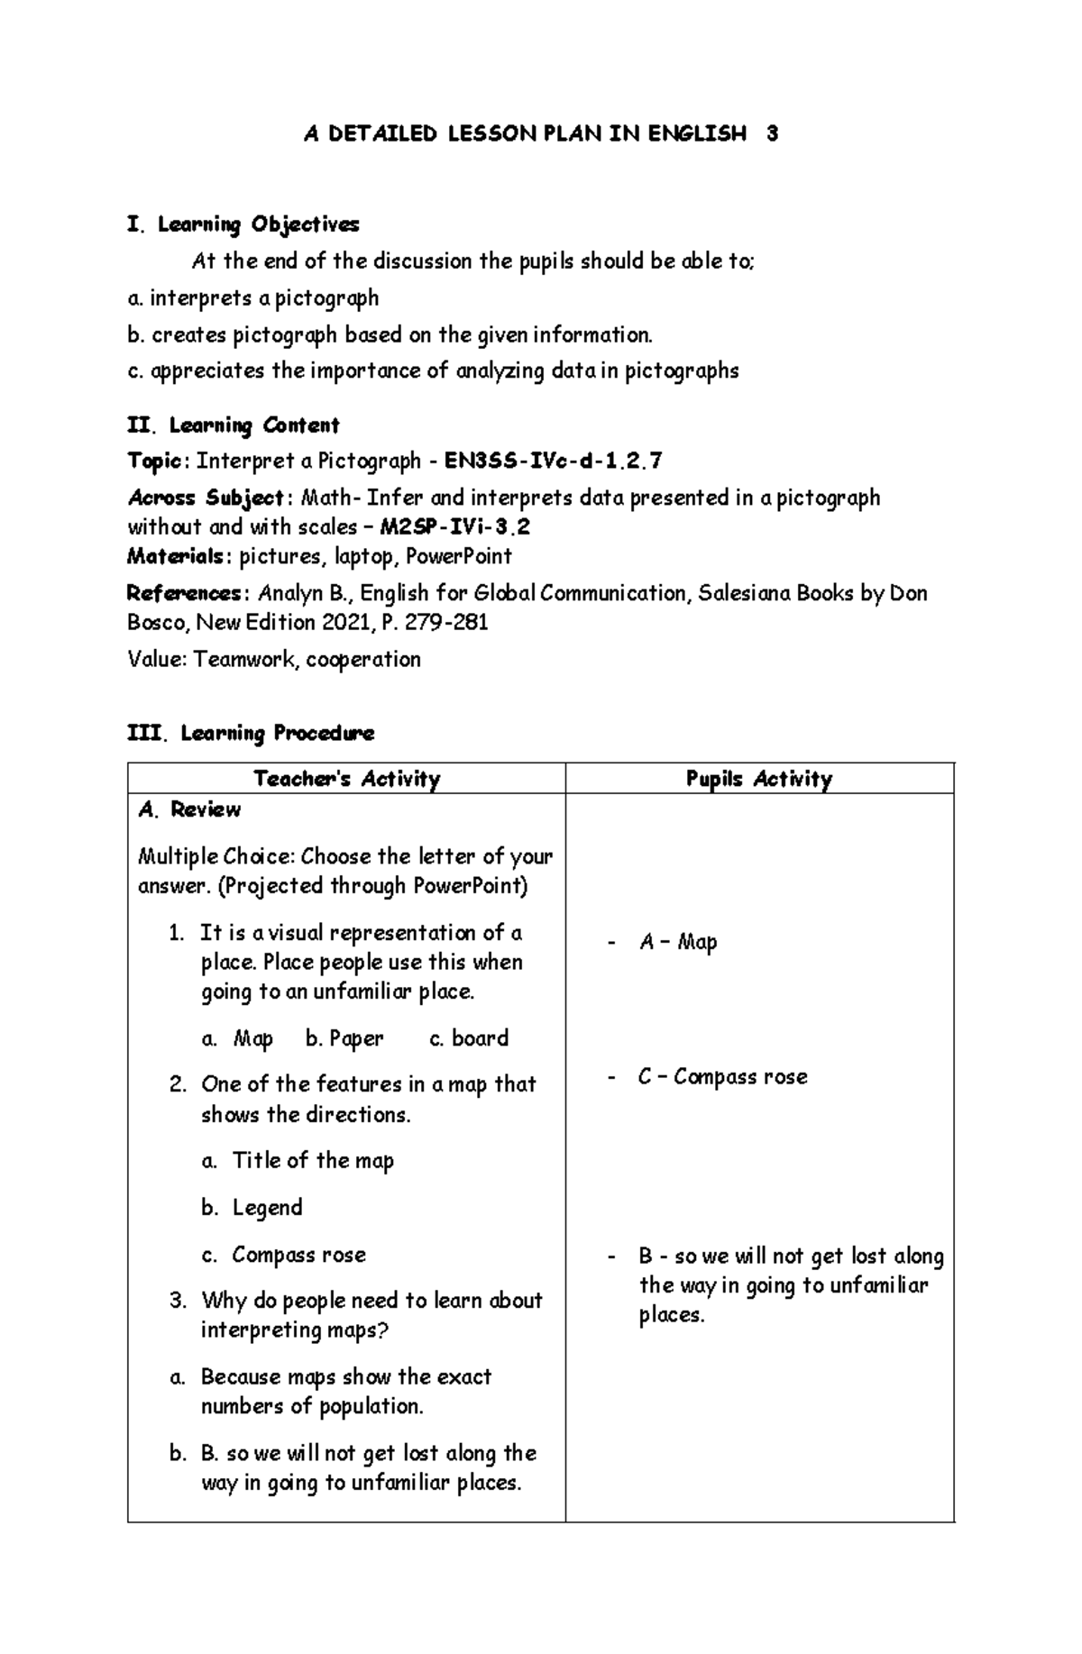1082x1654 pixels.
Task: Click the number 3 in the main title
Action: tap(772, 134)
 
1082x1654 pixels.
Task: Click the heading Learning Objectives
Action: tap(258, 224)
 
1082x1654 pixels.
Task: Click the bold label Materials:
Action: tap(177, 557)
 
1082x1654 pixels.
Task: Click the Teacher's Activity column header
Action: tap(346, 779)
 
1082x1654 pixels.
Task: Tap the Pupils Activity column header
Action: tap(758, 779)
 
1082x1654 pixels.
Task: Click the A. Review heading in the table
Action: tap(189, 809)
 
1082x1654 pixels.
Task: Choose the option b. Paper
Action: tap(344, 1038)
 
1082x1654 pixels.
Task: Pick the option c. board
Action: tap(469, 1038)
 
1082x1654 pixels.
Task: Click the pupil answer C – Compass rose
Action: tap(722, 1077)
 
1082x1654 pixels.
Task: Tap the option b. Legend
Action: tap(252, 1208)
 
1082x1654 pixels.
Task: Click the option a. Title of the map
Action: tap(298, 1161)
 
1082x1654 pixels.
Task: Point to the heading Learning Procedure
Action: tap(277, 734)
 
